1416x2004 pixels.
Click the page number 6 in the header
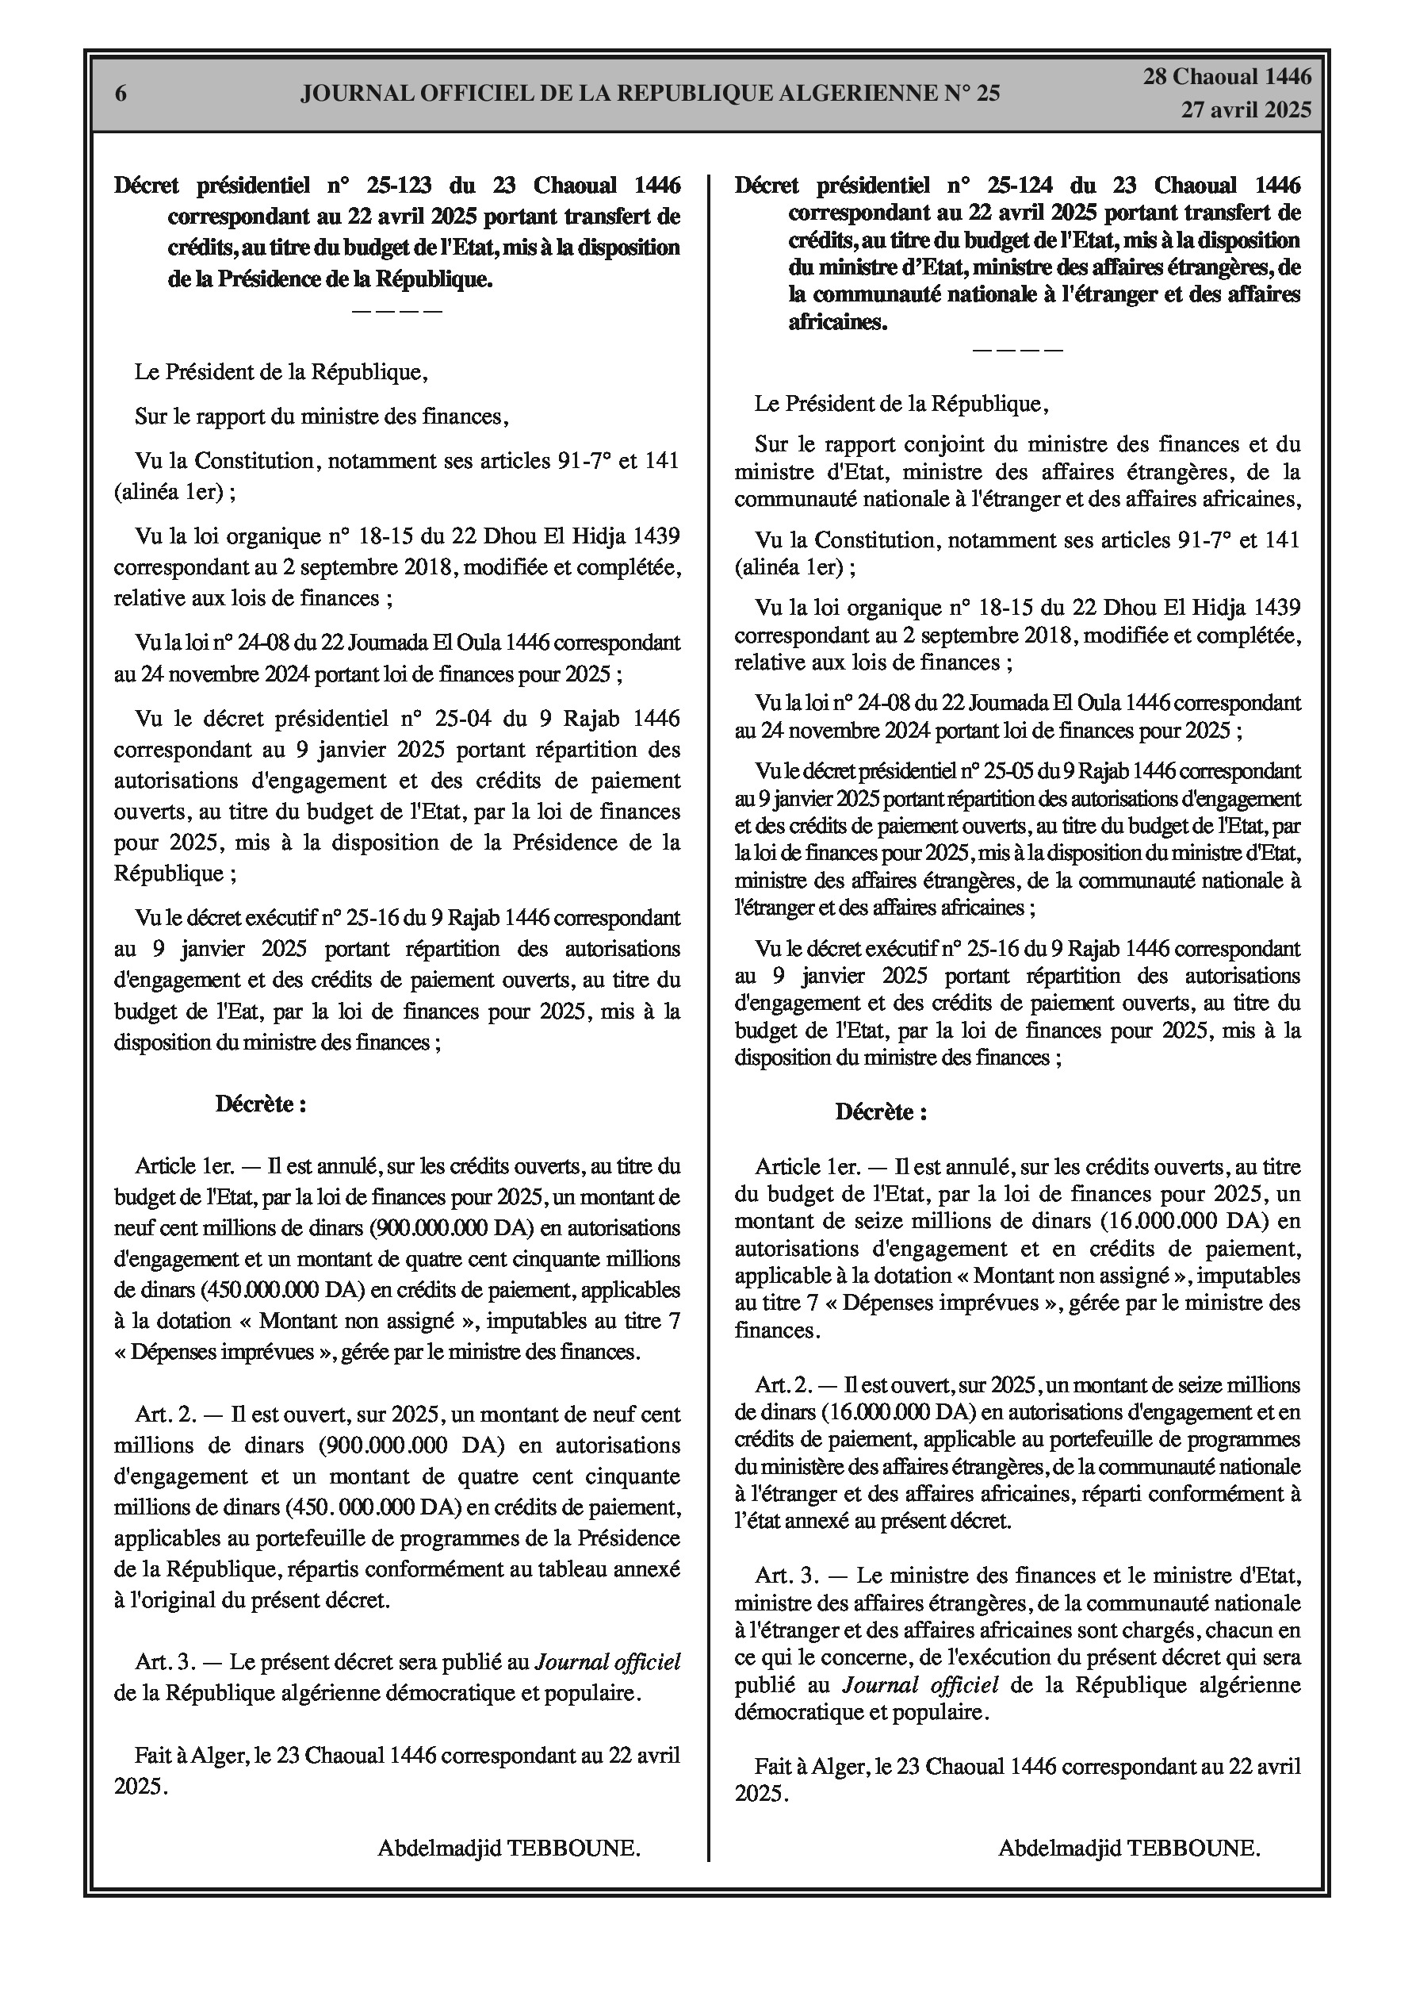point(121,94)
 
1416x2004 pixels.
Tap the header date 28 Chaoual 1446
point(1227,77)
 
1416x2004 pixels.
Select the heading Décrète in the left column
point(261,1104)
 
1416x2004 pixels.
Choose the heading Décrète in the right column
point(881,1112)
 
